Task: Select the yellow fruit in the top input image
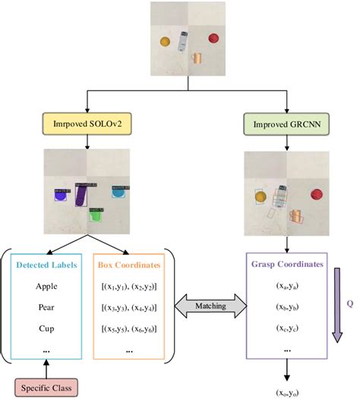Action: pos(165,42)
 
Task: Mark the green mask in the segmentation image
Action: pos(95,215)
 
